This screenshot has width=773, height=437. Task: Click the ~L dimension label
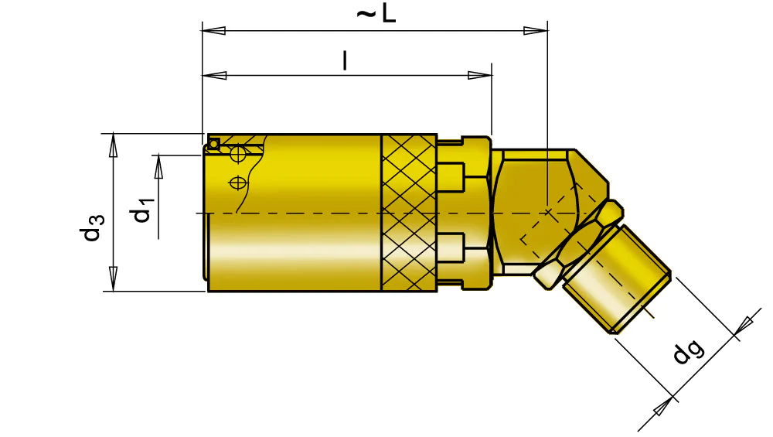click(x=376, y=14)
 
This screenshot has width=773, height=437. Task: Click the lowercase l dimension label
click(x=345, y=60)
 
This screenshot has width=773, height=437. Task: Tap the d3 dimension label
click(x=92, y=227)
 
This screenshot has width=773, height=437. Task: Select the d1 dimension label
click(x=142, y=209)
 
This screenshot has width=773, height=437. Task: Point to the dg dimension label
click(x=688, y=351)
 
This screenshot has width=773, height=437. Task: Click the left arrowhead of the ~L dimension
click(x=213, y=31)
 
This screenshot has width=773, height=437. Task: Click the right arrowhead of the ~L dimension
click(x=536, y=31)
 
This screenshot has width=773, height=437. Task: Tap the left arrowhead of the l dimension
click(x=214, y=76)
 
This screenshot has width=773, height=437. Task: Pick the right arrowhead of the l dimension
click(x=480, y=76)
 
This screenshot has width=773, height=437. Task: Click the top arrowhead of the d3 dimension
click(x=114, y=145)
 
